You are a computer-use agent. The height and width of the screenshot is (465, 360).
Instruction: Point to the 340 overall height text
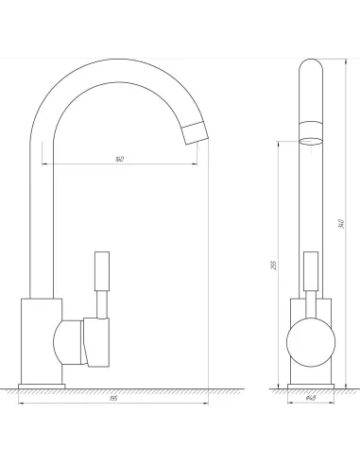340,223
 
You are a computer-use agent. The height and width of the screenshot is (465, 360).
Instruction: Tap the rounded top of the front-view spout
310,69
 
